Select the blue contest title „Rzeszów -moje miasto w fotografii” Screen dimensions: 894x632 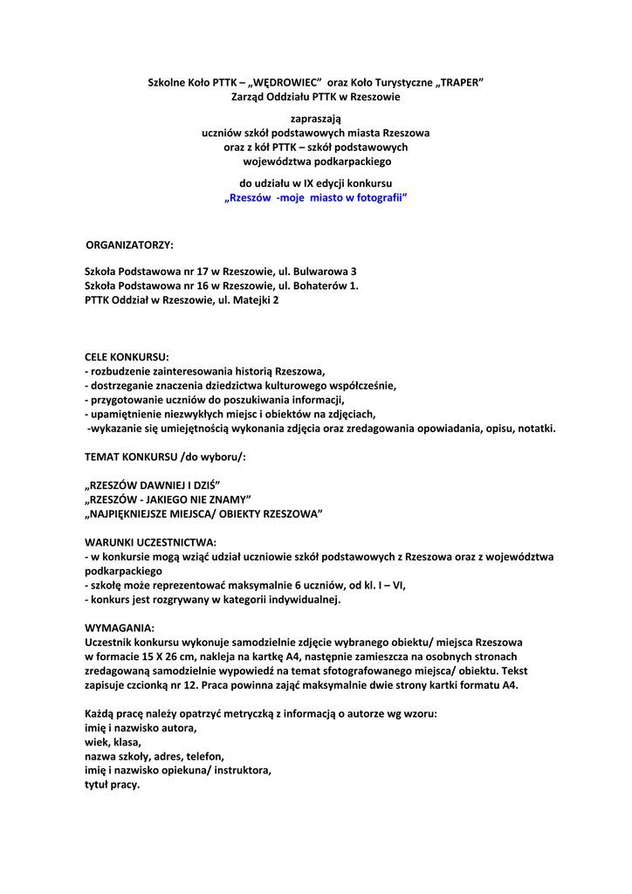(316, 198)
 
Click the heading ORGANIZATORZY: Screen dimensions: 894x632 (129, 244)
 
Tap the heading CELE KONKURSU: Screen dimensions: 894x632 (127, 357)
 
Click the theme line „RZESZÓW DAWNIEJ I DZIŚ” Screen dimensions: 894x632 (152, 485)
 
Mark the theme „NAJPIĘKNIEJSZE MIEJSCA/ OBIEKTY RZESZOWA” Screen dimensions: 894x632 (203, 514)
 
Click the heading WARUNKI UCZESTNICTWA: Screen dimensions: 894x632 (150, 542)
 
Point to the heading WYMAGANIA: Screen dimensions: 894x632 (120, 628)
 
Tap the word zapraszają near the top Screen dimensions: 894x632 (316, 118)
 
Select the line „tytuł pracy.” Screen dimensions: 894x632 (113, 784)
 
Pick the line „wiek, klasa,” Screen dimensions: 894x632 (113, 742)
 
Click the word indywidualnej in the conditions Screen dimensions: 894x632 (303, 600)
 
